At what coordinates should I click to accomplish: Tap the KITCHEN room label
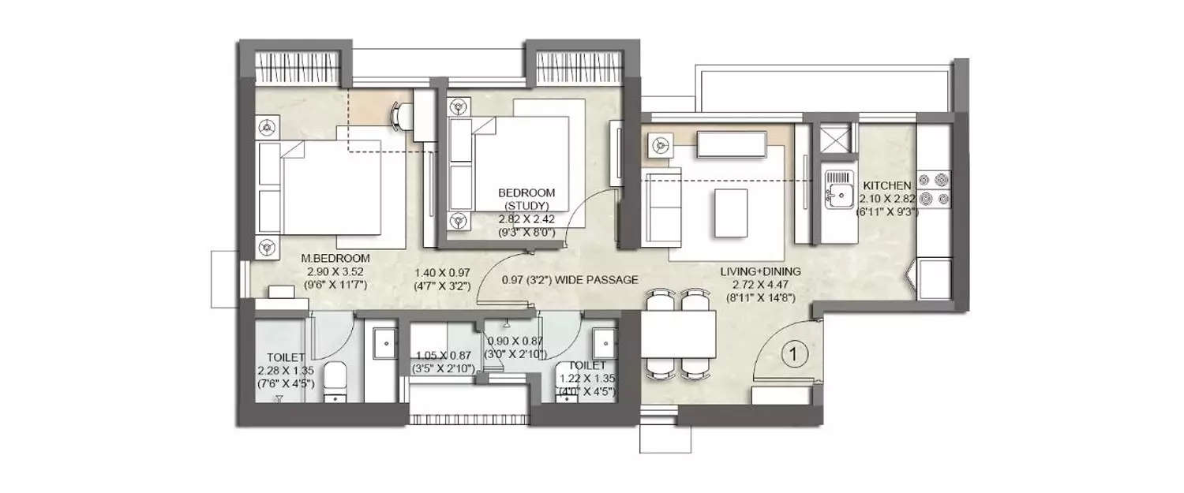[887, 184]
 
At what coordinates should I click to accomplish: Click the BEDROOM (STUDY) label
[526, 199]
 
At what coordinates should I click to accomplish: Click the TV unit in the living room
[731, 144]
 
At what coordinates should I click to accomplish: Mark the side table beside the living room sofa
[659, 144]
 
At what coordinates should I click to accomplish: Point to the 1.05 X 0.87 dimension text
[442, 355]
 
